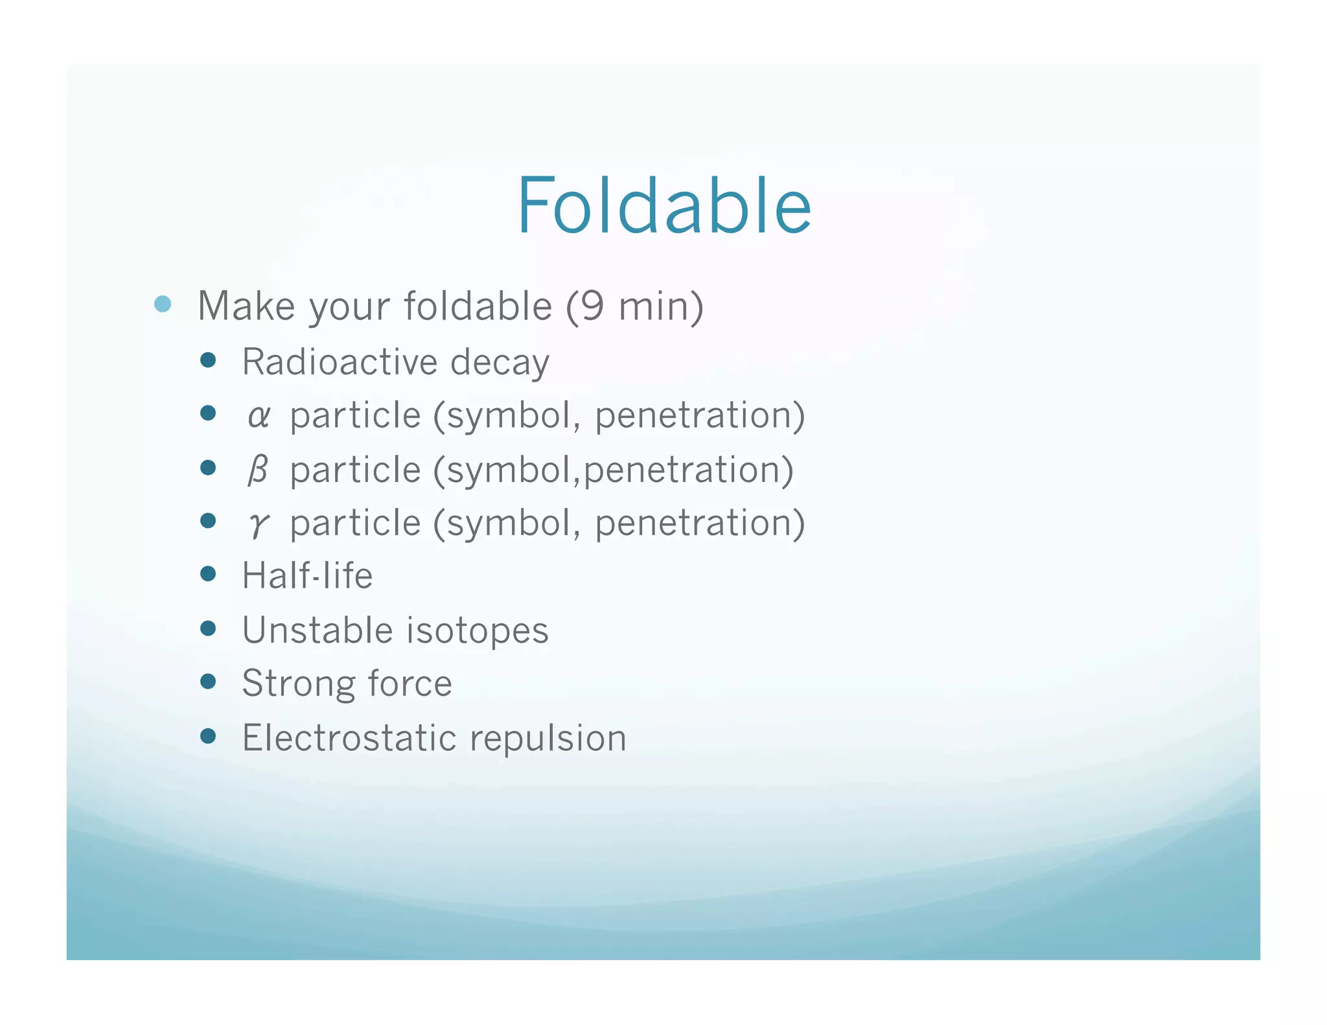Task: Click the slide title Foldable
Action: coord(663,206)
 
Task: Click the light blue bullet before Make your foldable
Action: coord(163,304)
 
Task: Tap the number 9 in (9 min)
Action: coord(592,306)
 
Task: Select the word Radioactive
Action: coord(339,362)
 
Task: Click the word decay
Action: coord(500,363)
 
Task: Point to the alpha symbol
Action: coord(258,416)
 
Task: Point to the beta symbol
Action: coord(258,470)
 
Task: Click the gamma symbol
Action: coord(258,524)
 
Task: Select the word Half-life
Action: coord(307,575)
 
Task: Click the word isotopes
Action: coord(478,631)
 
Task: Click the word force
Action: coord(410,684)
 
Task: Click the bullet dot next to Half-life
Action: coord(208,573)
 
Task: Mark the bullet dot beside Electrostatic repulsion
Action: coord(208,735)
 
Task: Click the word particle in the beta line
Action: coord(355,470)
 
